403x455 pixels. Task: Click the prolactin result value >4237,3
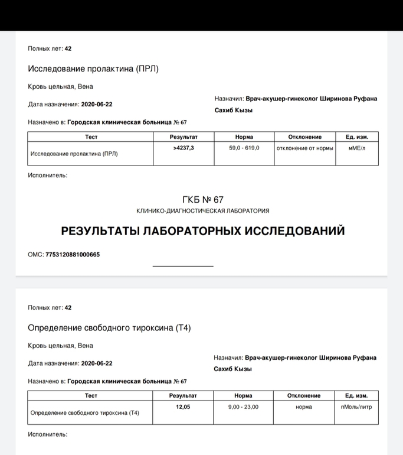point(184,148)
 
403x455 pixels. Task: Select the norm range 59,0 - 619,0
point(244,148)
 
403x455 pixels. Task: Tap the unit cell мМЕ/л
point(357,148)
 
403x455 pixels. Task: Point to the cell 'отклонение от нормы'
point(304,148)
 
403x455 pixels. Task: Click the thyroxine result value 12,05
point(183,407)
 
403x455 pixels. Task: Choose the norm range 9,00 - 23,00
point(243,407)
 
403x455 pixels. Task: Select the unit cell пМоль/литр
point(357,407)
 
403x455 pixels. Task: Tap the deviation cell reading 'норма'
point(304,407)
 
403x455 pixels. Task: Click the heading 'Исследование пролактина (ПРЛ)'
point(93,69)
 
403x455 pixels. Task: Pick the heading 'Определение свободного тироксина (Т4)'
point(110,327)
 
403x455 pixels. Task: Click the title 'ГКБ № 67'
point(204,200)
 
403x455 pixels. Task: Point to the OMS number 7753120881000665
point(73,255)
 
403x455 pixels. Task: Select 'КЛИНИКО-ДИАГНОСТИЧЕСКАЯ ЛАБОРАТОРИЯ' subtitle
point(203,211)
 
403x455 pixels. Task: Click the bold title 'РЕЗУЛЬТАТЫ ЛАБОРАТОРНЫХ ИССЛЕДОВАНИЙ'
point(203,231)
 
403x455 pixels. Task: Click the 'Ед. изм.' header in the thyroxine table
point(357,395)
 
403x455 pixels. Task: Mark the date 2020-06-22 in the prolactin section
point(97,105)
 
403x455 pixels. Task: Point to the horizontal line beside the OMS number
point(183,266)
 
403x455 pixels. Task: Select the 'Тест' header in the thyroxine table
point(91,395)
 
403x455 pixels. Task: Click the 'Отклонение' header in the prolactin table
point(304,136)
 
